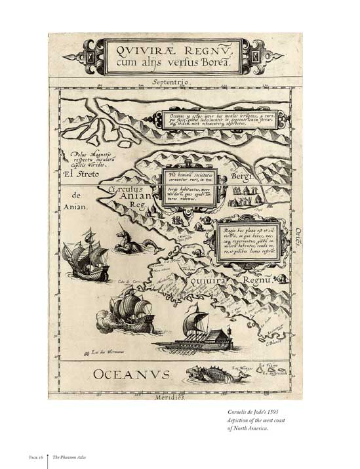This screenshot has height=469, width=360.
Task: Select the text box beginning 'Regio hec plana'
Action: tap(247, 239)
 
